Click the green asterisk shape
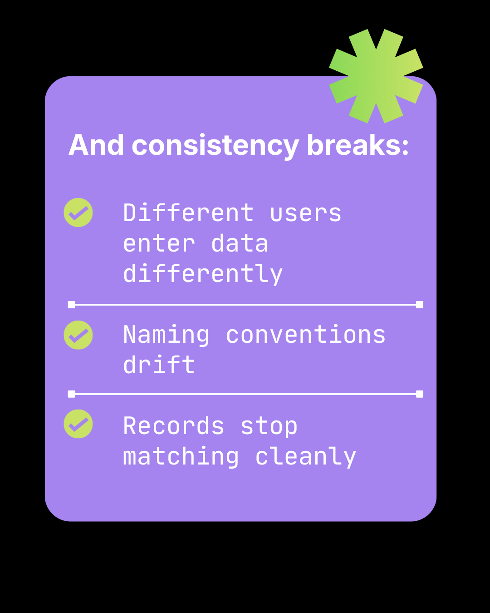point(376,76)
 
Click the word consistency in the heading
point(215,146)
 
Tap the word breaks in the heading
point(358,146)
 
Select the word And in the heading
point(96,146)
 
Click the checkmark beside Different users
point(78,213)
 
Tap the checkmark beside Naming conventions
point(78,335)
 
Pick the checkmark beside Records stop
point(78,424)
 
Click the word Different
point(188,213)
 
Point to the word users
point(305,213)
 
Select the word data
point(240,244)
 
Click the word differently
point(203,274)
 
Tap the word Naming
point(167,335)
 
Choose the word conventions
point(306,335)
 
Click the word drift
point(159,365)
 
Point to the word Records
point(174,426)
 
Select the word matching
point(181,457)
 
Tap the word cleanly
point(306,457)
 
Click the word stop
point(269,427)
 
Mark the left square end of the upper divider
point(71,305)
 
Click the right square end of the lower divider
point(420,394)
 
